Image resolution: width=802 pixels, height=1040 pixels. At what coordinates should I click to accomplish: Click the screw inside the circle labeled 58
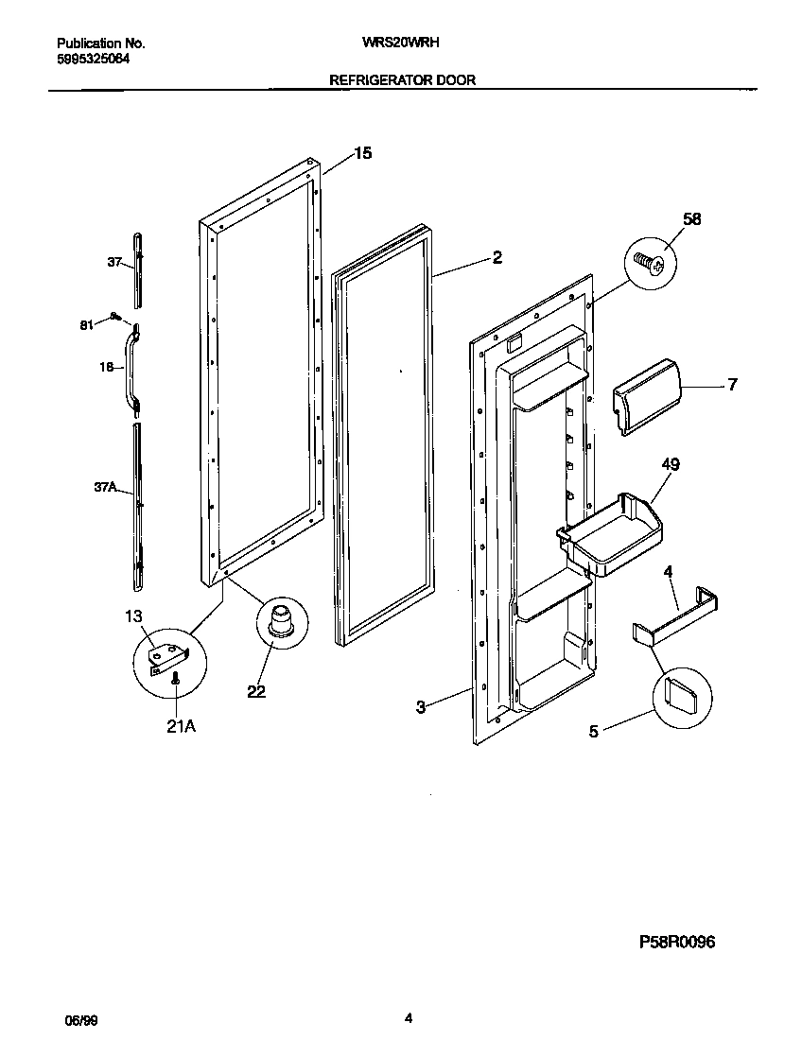tap(650, 259)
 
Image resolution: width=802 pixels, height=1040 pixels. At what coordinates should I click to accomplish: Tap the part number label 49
tap(671, 464)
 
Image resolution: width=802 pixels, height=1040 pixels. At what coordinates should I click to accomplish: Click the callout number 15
tap(363, 153)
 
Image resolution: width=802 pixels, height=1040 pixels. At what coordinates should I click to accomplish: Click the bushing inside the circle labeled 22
tap(280, 626)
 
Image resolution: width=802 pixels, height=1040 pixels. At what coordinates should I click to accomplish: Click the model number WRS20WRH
tap(401, 43)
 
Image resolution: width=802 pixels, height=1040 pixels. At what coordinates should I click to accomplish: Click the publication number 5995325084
tap(94, 58)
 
